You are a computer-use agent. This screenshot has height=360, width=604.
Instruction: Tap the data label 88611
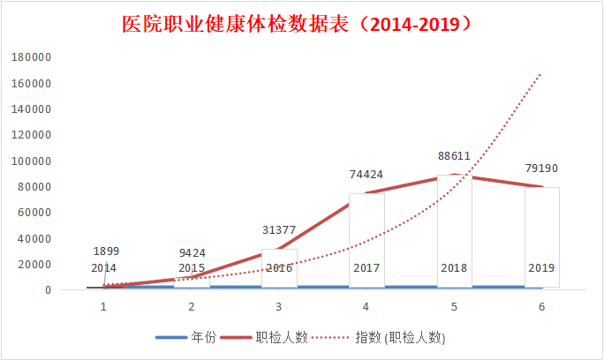[454, 156]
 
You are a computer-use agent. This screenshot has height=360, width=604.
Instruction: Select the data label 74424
[366, 175]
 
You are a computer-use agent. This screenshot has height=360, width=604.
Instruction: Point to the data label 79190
[541, 169]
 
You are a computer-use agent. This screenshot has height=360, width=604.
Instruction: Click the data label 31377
[279, 230]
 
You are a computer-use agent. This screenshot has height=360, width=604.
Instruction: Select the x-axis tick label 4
[366, 307]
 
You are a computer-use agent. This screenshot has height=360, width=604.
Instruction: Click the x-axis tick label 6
[541, 307]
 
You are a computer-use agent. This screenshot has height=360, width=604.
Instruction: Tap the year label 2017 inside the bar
[366, 268]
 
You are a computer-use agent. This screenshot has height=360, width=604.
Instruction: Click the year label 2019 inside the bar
[541, 268]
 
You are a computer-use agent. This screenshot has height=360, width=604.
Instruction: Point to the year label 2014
[103, 268]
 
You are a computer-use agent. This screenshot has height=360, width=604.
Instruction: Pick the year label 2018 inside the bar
[454, 268]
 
